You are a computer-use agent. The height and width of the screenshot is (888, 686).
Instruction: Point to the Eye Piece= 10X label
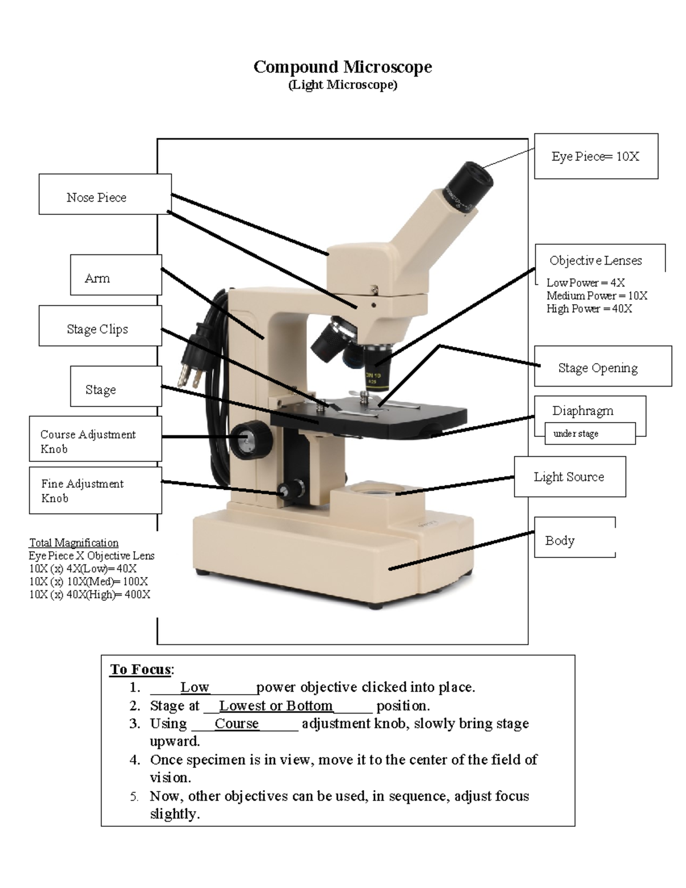tap(596, 156)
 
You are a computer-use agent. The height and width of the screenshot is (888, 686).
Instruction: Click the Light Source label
tap(569, 476)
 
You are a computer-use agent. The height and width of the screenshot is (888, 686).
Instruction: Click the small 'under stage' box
tap(589, 433)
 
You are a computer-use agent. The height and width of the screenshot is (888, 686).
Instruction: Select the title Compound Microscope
tap(342, 67)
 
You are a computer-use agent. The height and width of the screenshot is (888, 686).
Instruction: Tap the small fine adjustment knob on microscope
tap(291, 489)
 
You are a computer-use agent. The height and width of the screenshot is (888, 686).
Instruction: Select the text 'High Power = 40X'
tap(589, 309)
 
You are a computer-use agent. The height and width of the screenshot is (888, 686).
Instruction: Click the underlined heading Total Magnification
tap(74, 543)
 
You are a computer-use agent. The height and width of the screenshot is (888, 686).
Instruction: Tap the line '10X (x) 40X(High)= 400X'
tap(90, 595)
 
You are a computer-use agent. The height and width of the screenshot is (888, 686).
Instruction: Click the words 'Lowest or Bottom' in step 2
tap(276, 706)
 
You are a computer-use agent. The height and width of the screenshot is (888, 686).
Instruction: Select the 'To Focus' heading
tap(141, 669)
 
